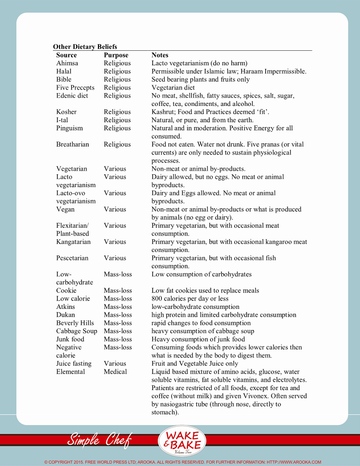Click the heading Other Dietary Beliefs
[x=85, y=47]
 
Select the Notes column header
[x=160, y=55]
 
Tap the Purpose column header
[x=116, y=55]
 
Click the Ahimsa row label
[x=67, y=63]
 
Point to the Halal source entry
[x=64, y=71]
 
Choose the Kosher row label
[x=66, y=112]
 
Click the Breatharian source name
[x=72, y=144]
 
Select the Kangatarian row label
[x=73, y=242]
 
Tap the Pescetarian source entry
[x=72, y=258]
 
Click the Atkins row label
[x=65, y=307]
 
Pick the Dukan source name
[x=65, y=315]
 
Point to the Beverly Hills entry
[x=75, y=323]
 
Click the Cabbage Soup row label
[x=76, y=331]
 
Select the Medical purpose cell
[x=115, y=372]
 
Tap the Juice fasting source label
[x=74, y=364]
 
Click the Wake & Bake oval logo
[x=182, y=440]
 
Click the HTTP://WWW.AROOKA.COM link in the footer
[x=294, y=462]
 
